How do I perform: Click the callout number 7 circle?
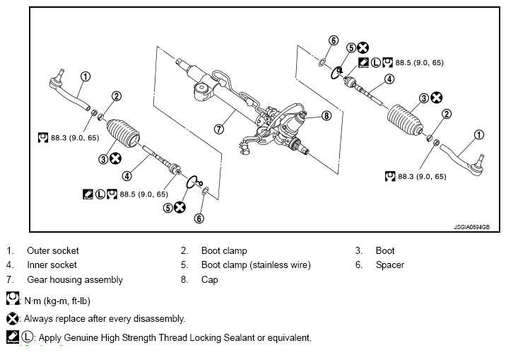point(219,129)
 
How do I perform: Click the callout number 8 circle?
point(326,116)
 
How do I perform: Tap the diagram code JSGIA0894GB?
point(471,227)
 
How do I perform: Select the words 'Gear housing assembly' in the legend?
point(75,280)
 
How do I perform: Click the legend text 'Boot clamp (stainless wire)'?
point(256,265)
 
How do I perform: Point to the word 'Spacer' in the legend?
point(390,265)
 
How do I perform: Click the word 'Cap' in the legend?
point(210,280)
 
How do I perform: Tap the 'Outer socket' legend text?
point(53,250)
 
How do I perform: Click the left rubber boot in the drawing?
point(123,133)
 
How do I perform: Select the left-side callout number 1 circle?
point(86,76)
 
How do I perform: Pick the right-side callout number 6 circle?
point(334,40)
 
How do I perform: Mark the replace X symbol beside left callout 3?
point(115,158)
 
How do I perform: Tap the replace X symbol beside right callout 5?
point(363,47)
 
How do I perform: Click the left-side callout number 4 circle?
point(126,176)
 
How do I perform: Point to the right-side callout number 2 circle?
point(447,114)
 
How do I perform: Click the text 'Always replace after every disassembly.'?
point(105,319)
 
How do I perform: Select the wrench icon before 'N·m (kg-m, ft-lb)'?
point(13,298)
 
